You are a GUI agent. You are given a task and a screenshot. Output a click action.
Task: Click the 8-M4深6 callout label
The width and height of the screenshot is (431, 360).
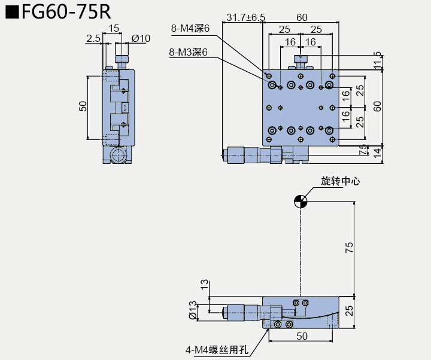point(190,28)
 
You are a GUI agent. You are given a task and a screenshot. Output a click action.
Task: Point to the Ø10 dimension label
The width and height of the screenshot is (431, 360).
point(141,39)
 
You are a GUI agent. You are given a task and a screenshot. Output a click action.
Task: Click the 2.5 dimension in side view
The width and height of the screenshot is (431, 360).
point(93,39)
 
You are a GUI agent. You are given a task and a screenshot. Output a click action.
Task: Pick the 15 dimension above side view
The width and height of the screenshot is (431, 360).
point(114,28)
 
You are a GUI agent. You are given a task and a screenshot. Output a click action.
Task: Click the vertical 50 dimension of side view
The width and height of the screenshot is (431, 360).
point(83,106)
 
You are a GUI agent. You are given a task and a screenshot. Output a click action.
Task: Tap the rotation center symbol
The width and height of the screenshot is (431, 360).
point(301,201)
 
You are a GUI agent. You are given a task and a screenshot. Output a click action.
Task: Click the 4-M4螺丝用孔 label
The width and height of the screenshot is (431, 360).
point(216,350)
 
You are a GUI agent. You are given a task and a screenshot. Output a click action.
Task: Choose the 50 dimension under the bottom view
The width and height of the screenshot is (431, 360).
point(302,336)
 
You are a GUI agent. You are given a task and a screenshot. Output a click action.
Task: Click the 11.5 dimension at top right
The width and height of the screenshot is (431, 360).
point(377,61)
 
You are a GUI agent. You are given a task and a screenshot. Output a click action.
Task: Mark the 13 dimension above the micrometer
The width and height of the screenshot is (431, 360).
point(205,285)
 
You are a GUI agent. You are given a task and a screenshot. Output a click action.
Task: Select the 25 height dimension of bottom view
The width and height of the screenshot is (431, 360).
point(349,311)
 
